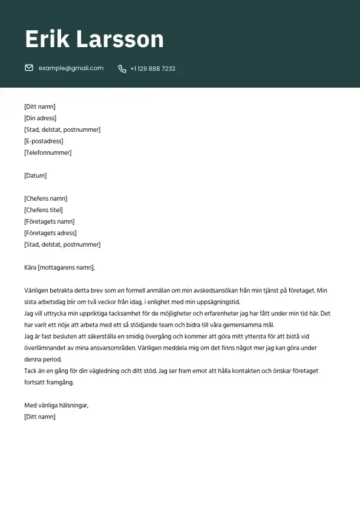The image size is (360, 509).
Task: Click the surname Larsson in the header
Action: [120, 39]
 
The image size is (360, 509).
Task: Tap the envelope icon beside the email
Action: [29, 68]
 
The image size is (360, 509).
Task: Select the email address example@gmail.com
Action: [71, 68]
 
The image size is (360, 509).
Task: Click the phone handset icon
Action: [122, 69]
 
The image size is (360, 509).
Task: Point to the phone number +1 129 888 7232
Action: [152, 69]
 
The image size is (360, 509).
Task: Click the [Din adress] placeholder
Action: [40, 118]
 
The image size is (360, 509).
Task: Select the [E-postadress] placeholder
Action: [44, 141]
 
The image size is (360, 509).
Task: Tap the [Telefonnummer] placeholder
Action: [48, 153]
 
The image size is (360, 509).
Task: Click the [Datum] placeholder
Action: [35, 176]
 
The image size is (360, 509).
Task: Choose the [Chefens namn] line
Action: [45, 199]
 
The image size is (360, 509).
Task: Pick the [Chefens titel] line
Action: [43, 210]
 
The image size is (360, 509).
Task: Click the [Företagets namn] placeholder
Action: [49, 222]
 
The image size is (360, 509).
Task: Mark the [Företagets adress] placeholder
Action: [50, 233]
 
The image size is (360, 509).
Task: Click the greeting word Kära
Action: [30, 268]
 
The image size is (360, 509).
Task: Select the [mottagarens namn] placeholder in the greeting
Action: [67, 268]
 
